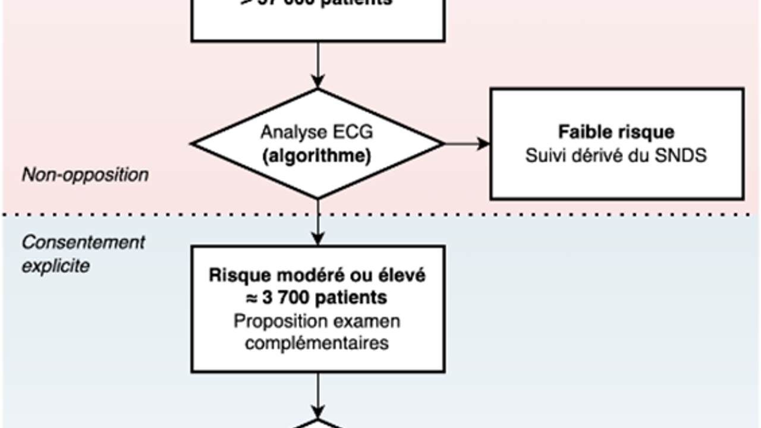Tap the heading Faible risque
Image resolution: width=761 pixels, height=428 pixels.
tap(616, 132)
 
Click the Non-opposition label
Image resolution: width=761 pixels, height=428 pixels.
tap(85, 175)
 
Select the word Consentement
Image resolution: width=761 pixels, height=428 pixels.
tap(83, 243)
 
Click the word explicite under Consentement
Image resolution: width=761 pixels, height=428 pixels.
tap(56, 265)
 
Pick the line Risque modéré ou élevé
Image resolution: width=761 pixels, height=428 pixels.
tap(317, 276)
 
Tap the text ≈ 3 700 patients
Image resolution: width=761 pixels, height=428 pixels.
tap(317, 297)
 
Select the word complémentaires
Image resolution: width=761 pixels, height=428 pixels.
tap(317, 343)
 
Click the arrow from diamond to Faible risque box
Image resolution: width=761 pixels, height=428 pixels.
tap(467, 143)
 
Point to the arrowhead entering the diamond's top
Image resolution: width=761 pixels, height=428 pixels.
tap(318, 81)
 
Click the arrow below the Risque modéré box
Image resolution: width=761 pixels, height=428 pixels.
tap(318, 392)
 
